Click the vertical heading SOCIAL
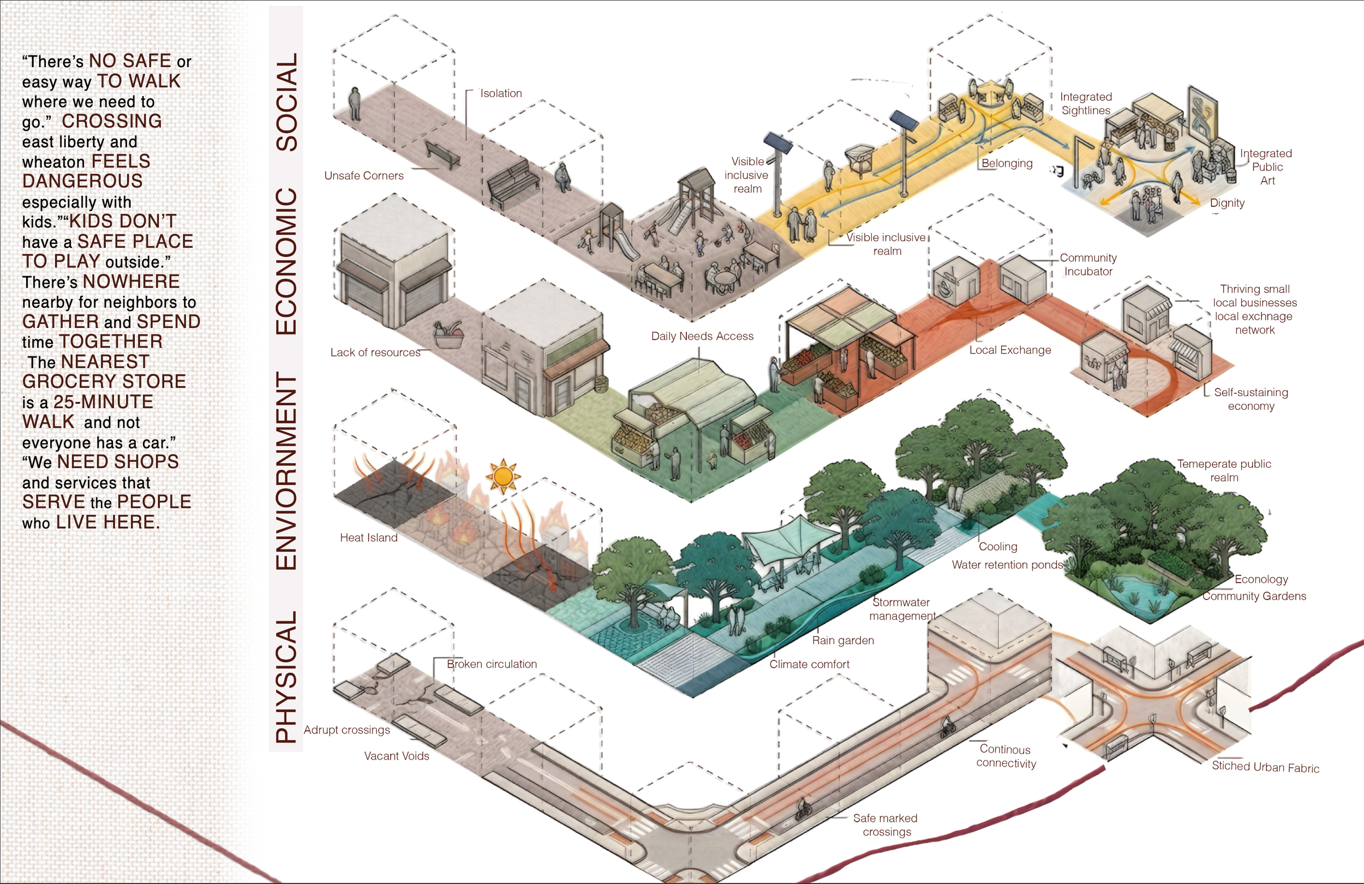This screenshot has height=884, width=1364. click(x=286, y=102)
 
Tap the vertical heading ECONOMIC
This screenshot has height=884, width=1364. click(x=286, y=261)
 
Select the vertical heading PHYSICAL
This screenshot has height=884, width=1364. click(x=286, y=677)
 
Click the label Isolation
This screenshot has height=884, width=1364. click(x=501, y=93)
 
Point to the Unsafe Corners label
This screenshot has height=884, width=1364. click(x=364, y=175)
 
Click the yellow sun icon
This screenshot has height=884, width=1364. click(x=502, y=476)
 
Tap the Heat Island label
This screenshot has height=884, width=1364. click(x=368, y=537)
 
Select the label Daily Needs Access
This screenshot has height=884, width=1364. click(x=702, y=336)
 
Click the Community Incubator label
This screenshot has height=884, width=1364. click(x=1088, y=264)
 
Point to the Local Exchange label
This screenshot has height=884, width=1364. click(x=1010, y=350)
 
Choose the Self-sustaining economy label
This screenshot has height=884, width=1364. click(x=1251, y=399)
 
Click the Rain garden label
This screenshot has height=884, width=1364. click(x=843, y=641)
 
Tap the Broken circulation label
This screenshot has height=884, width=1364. click(x=492, y=664)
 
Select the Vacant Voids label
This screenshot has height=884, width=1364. click(x=397, y=756)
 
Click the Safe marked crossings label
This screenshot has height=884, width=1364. click(x=886, y=825)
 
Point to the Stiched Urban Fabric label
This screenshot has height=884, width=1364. click(x=1265, y=767)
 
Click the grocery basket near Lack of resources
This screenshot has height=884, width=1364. click(x=448, y=335)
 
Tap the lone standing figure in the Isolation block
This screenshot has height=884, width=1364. click(x=355, y=104)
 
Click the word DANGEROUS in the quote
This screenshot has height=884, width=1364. click(x=82, y=181)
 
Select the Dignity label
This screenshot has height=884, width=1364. click(x=1227, y=203)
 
